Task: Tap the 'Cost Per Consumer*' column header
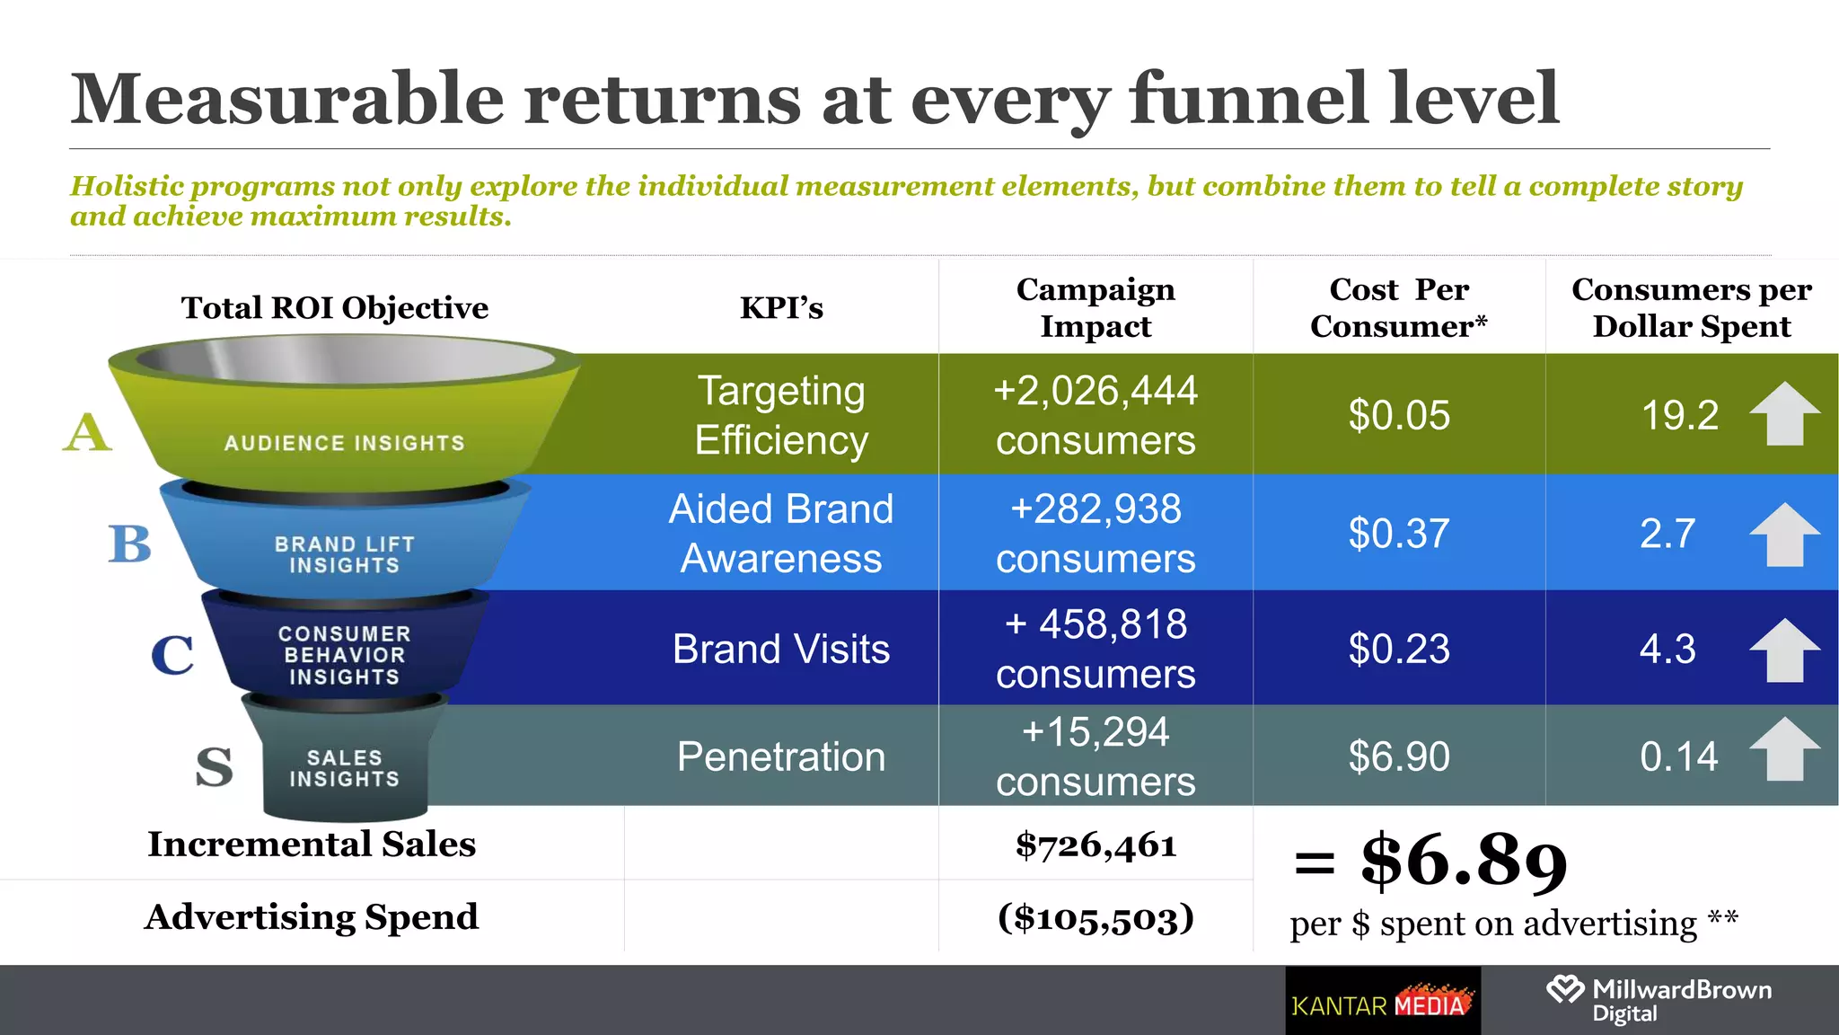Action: [1398, 307]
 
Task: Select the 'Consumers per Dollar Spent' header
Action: [1691, 307]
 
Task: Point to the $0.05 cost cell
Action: [1399, 415]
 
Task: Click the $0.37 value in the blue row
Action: [1399, 534]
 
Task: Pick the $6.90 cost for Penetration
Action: [1399, 756]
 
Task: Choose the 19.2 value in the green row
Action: [1679, 415]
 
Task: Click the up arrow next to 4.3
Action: [1784, 650]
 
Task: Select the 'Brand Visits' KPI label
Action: [781, 649]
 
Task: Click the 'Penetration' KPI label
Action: [781, 756]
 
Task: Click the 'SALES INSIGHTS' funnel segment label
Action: [344, 768]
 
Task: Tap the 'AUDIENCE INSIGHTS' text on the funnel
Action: [344, 443]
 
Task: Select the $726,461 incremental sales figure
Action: [1095, 845]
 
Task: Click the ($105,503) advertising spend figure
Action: [1095, 917]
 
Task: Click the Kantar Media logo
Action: [1383, 1002]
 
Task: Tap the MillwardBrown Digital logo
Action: [1659, 1000]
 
